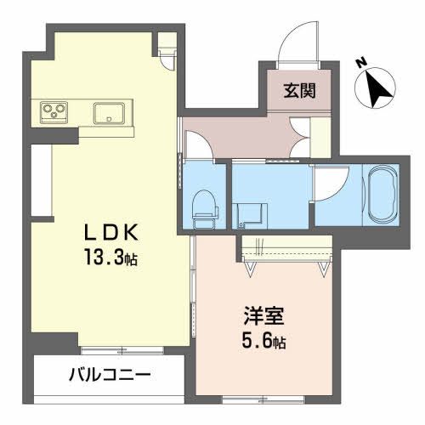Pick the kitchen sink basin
pyautogui.click(x=110, y=112)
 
